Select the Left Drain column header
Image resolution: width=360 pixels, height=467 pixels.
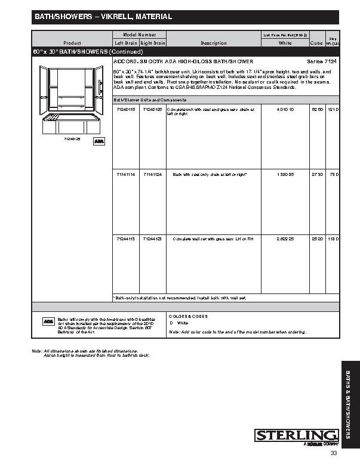(x=125, y=43)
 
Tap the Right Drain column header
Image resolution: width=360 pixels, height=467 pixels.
(x=153, y=43)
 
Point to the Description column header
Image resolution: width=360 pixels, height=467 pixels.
(x=214, y=43)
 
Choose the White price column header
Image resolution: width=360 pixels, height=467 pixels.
(x=285, y=43)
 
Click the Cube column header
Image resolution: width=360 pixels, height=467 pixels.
(x=316, y=43)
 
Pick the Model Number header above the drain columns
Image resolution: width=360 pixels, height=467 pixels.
(x=139, y=35)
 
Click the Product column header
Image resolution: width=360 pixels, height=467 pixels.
(x=72, y=43)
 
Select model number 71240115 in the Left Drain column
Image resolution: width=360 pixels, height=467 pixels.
(x=125, y=110)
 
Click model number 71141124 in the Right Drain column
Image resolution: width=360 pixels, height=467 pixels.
(x=153, y=174)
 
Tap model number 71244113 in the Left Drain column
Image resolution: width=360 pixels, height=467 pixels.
(x=125, y=239)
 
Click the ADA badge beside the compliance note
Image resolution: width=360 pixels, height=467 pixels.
(x=48, y=321)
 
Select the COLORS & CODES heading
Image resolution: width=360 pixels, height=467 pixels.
(x=188, y=316)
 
